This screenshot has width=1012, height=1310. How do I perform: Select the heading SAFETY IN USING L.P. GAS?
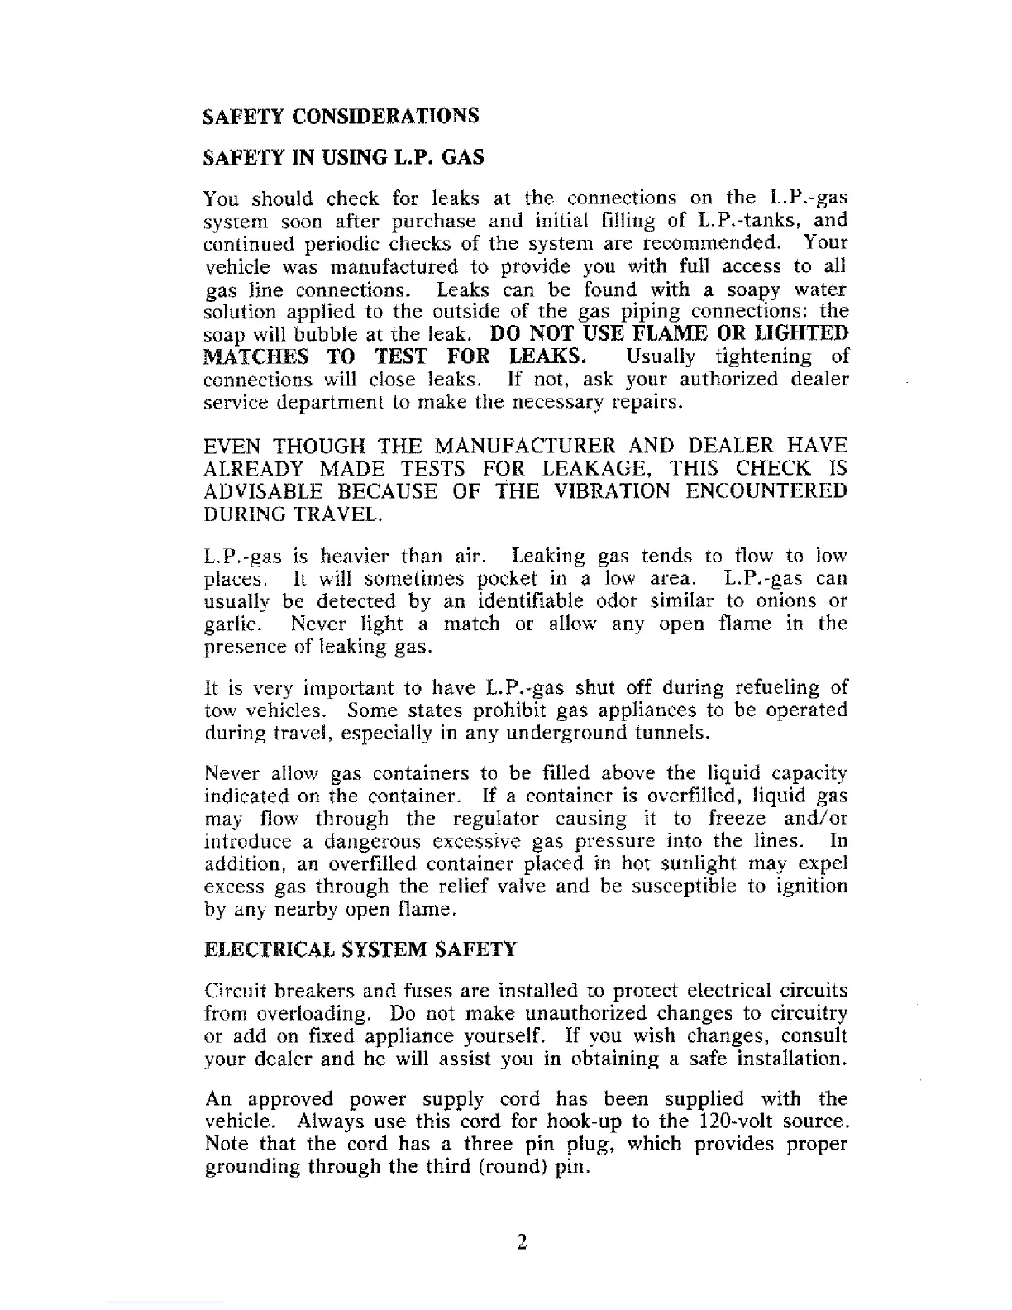point(343,157)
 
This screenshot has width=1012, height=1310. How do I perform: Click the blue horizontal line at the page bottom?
point(164,1303)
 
